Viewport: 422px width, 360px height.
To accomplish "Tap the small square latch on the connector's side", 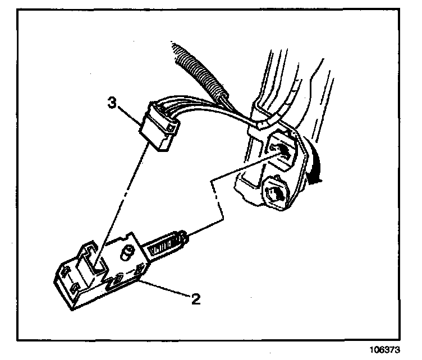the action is click(168, 130).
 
